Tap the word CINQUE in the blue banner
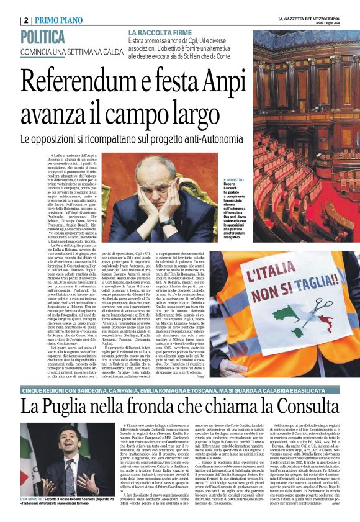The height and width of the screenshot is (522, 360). click(37, 371)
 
